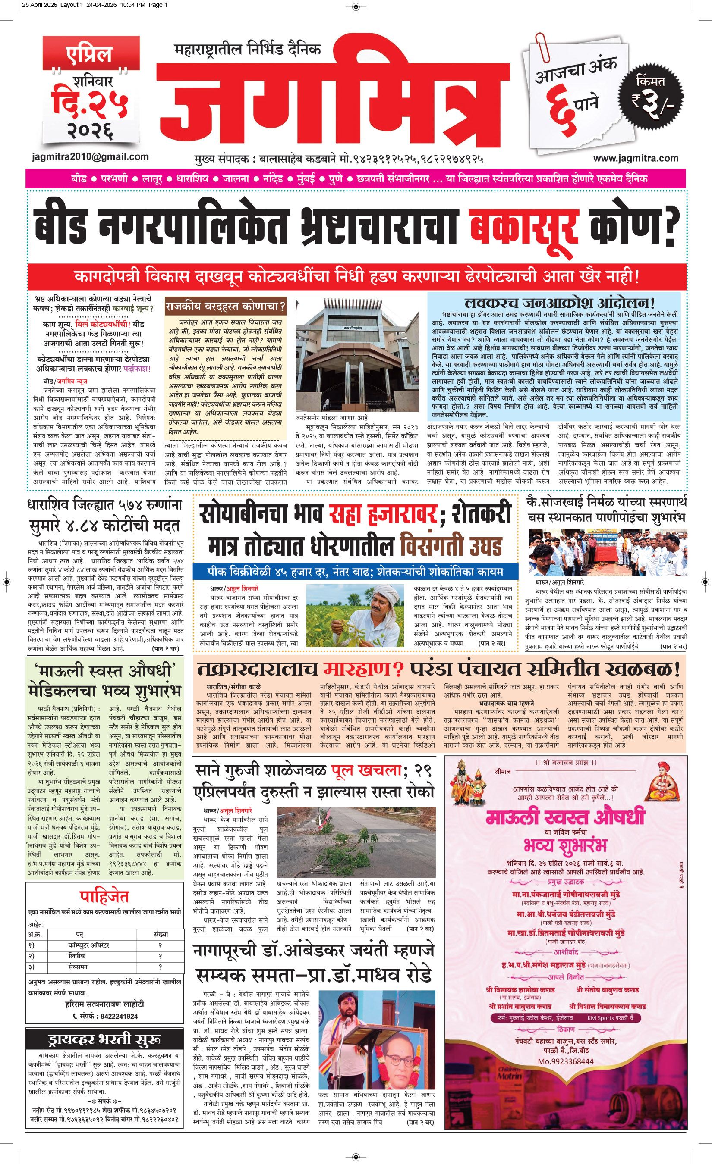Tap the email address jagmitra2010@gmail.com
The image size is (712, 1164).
click(x=89, y=157)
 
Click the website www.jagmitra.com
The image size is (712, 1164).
click(x=636, y=158)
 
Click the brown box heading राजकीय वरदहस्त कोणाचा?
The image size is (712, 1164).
click(x=226, y=307)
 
